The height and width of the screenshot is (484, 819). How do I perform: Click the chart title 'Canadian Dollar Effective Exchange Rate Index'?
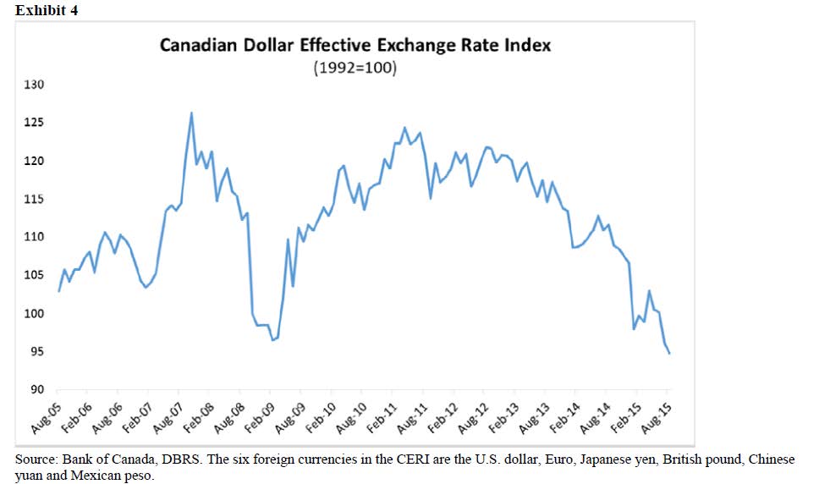[355, 45]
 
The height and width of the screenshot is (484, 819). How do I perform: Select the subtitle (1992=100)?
[355, 68]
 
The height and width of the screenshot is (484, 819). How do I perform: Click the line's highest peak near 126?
[191, 113]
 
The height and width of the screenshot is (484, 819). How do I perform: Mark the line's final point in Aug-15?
[670, 354]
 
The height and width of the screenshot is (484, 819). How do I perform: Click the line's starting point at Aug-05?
[58, 291]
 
